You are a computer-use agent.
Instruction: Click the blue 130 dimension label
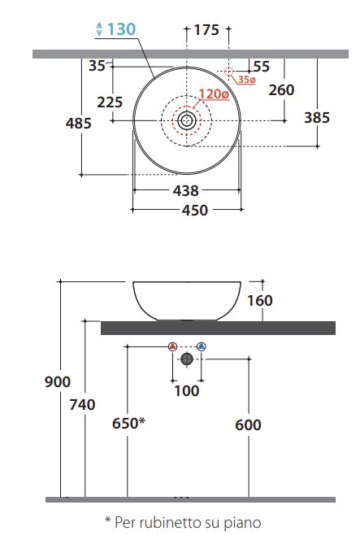click(x=121, y=29)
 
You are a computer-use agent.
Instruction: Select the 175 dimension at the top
click(x=206, y=30)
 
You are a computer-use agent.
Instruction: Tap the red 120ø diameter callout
click(x=214, y=94)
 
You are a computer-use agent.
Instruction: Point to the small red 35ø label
click(x=246, y=80)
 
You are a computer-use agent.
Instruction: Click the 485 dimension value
click(x=78, y=123)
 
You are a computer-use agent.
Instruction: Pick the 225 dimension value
click(x=110, y=102)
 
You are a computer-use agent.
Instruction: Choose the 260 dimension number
click(x=282, y=90)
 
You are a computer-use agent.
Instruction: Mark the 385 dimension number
click(x=317, y=118)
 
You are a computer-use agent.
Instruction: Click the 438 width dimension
click(x=186, y=190)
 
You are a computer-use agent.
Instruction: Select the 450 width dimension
click(x=195, y=211)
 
